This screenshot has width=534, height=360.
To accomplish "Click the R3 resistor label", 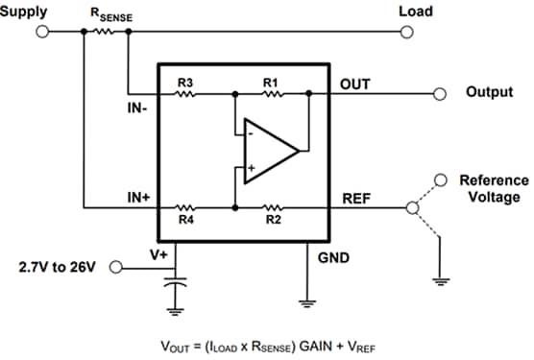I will (184, 84).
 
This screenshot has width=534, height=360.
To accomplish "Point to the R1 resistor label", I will (272, 84).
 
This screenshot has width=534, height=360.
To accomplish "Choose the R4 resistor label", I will (184, 220).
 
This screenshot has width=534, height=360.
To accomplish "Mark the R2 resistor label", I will (272, 220).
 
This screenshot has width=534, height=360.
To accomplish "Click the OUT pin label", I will (355, 84).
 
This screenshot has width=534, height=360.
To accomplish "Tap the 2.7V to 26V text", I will (57, 266).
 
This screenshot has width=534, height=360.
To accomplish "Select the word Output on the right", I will (490, 94).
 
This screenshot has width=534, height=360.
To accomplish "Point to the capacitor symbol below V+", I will (174, 285).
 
